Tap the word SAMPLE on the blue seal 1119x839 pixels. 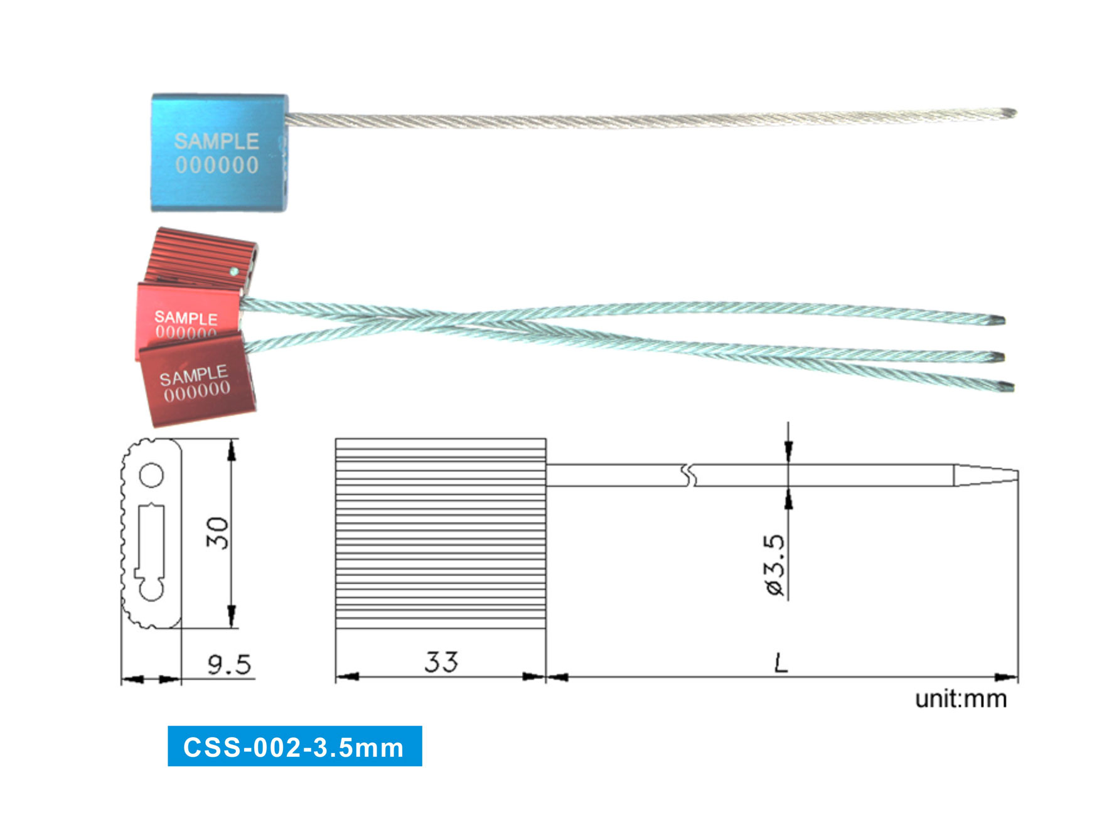click(x=217, y=141)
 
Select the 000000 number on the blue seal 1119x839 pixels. click(x=217, y=165)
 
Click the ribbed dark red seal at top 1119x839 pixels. click(x=195, y=257)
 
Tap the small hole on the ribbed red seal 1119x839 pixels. click(x=233, y=272)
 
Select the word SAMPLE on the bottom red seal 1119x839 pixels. click(x=193, y=375)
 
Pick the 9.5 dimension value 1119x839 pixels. click(x=229, y=664)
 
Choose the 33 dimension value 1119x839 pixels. click(x=441, y=662)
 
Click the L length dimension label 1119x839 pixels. click(x=781, y=662)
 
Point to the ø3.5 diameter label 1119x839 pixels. click(x=775, y=565)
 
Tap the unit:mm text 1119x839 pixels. click(x=961, y=699)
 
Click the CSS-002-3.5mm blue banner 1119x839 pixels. click(x=294, y=747)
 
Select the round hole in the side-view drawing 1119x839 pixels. click(x=151, y=475)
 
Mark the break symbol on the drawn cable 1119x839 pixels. click(x=689, y=476)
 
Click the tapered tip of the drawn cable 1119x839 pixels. click(x=986, y=475)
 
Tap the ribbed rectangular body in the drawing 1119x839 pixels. click(x=441, y=533)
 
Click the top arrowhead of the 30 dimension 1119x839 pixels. click(x=232, y=451)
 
